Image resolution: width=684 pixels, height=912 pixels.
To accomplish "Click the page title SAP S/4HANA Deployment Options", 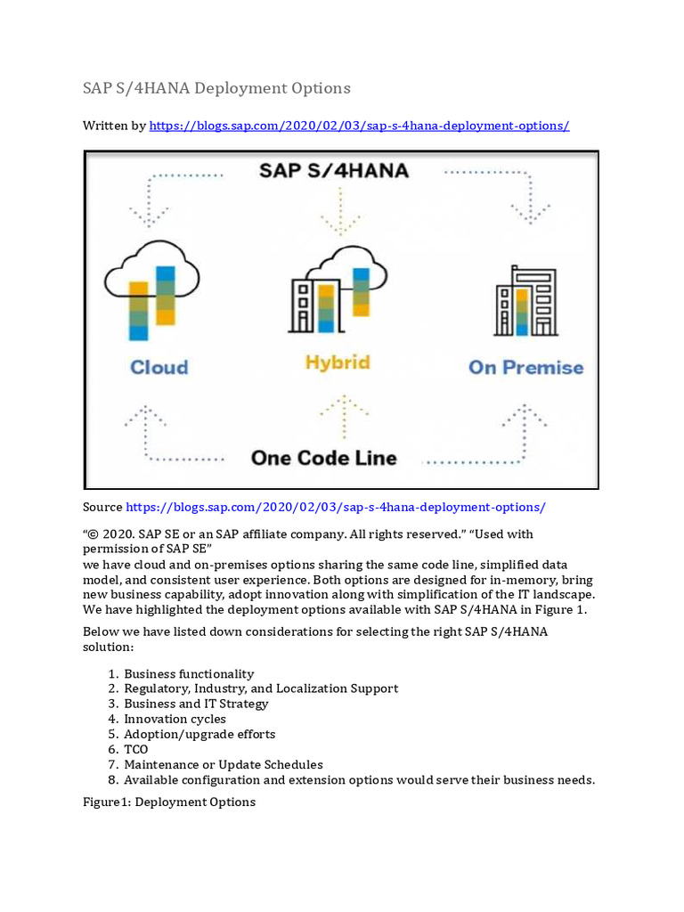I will point(216,88).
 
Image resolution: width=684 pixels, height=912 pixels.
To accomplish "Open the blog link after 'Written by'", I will point(359,126).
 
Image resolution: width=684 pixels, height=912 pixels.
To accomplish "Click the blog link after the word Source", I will point(336,507).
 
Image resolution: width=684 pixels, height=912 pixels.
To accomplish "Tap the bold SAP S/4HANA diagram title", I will point(334,170).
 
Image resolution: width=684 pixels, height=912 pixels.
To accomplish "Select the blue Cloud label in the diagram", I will point(159,367).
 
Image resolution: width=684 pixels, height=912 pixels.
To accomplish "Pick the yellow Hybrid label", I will point(337,362).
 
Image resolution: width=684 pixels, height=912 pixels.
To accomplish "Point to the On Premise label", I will point(525,367).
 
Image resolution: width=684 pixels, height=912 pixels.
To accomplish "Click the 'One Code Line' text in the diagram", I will point(323,458).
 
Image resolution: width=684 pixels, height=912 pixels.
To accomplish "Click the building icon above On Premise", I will point(525,301).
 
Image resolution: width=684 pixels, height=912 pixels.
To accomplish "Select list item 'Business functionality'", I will point(189,674).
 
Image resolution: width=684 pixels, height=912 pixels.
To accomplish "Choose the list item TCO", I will point(136,750).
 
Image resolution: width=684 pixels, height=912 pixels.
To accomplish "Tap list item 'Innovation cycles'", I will point(175,719).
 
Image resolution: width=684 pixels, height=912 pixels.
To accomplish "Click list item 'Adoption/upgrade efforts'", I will point(199,734).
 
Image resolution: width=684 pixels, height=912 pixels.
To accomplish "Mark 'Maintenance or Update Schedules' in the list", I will point(224,764).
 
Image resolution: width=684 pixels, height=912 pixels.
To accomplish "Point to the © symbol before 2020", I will point(93,533).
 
